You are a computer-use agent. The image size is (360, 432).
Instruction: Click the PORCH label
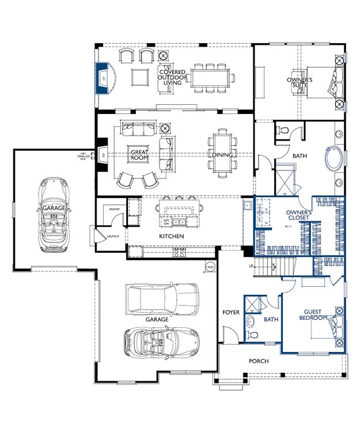259,361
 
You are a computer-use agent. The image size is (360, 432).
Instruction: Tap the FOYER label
231,312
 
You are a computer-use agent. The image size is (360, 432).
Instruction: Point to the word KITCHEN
172,237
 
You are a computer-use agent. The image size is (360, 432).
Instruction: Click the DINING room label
222,155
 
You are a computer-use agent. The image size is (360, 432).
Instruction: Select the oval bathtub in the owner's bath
334,160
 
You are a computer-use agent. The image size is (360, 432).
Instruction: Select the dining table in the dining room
222,151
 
